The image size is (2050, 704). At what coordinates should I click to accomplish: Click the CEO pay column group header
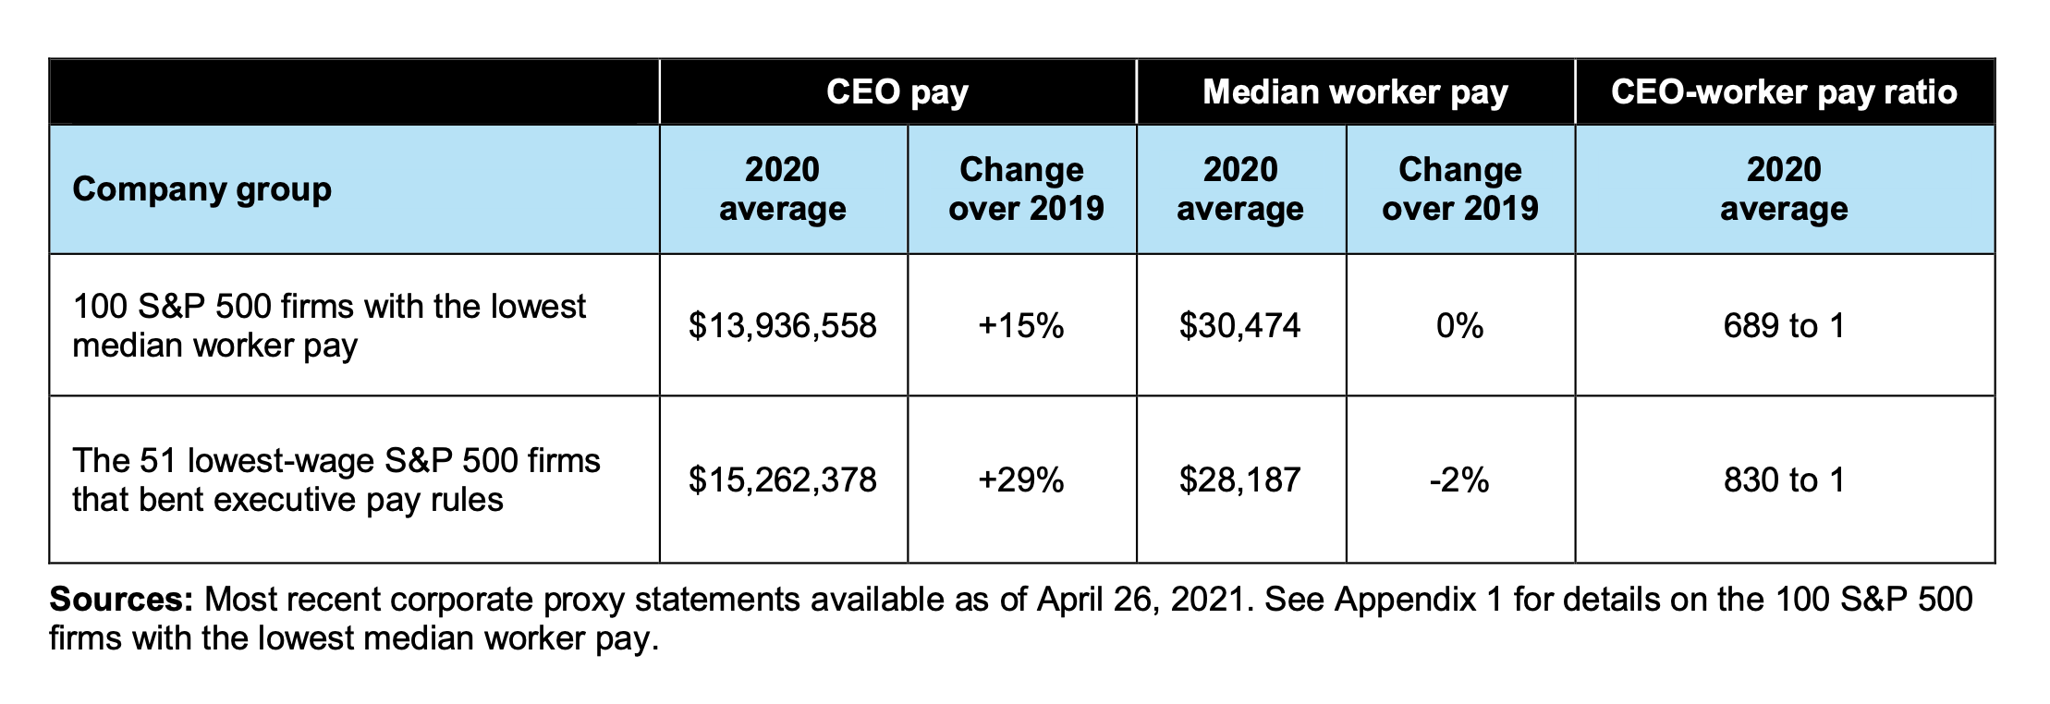[897, 92]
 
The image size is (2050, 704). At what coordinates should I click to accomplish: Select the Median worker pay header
[1355, 92]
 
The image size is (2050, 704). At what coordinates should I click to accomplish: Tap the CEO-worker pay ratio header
[1784, 92]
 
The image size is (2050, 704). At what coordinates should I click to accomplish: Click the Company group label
[201, 189]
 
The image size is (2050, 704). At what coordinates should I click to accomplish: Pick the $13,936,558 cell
[782, 326]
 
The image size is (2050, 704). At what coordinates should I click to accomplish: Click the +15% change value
[1021, 326]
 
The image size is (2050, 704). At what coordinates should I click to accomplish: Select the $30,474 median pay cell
[1239, 326]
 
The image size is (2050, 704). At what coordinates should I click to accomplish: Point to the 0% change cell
[1459, 326]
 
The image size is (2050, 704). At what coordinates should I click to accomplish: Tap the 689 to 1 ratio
[1784, 326]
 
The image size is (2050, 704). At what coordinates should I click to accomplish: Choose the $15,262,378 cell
[782, 480]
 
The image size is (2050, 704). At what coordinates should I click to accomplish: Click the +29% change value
[1021, 480]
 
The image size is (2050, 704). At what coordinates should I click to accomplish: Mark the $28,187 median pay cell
[1239, 480]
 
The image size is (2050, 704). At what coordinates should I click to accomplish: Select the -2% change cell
[1459, 480]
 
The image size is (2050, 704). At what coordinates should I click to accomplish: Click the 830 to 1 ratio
[1784, 480]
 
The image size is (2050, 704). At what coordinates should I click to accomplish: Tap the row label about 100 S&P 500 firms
[328, 326]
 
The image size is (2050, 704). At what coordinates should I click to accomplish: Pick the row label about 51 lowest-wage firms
[336, 480]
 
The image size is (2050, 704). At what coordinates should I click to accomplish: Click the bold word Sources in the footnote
[120, 600]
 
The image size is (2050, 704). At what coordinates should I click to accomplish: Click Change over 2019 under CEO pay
[1021, 189]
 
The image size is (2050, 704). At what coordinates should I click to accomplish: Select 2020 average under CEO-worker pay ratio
[1784, 189]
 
